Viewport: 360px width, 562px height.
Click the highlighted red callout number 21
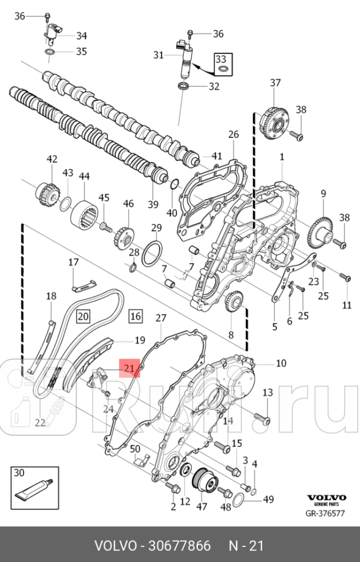coord(129,367)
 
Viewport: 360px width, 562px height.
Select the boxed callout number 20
coord(83,316)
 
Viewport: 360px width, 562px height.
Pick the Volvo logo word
coord(326,497)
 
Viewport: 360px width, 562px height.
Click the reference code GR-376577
coord(326,513)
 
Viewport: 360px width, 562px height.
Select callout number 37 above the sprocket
coord(275,83)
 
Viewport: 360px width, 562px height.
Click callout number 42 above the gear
coord(52,159)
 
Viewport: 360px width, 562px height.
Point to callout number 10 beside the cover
coord(281,363)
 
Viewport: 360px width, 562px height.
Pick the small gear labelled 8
coord(232,302)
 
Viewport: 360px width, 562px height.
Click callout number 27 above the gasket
coord(161,318)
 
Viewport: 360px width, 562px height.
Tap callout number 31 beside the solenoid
coord(158,55)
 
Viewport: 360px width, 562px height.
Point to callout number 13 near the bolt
coord(267,393)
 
